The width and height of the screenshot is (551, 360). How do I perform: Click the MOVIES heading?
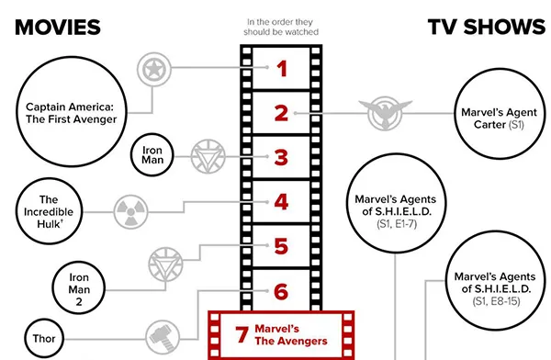pyautogui.click(x=58, y=27)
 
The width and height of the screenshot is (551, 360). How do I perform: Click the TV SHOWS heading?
pyautogui.click(x=486, y=27)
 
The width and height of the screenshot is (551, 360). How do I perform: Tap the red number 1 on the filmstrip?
pyautogui.click(x=282, y=68)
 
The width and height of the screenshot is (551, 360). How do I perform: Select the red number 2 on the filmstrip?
pyautogui.click(x=282, y=114)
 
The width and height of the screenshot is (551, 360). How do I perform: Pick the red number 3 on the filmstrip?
pyautogui.click(x=282, y=158)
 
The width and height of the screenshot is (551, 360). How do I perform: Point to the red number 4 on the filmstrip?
pyautogui.click(x=282, y=202)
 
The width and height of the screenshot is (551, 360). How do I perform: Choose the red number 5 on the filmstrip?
pyautogui.click(x=282, y=246)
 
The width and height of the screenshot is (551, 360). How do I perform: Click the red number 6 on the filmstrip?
pyautogui.click(x=282, y=292)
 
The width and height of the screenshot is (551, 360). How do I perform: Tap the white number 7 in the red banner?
pyautogui.click(x=242, y=334)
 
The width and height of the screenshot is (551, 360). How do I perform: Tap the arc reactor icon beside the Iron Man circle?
pyautogui.click(x=208, y=156)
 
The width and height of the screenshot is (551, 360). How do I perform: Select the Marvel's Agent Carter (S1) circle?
pyautogui.click(x=489, y=117)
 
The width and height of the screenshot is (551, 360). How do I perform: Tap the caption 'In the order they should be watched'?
pyautogui.click(x=282, y=26)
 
